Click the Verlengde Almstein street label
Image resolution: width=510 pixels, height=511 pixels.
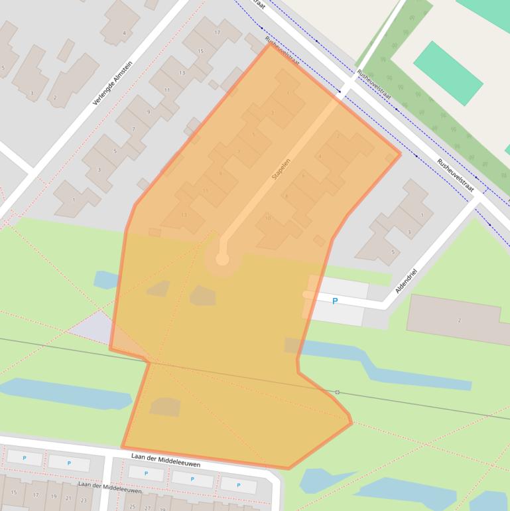tap(113, 84)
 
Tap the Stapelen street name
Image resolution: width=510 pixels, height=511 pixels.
tap(282, 169)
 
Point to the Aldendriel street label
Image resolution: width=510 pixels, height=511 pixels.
tap(406, 281)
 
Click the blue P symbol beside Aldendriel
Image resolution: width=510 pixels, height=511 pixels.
tap(335, 301)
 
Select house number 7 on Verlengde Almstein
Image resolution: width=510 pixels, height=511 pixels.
tap(133, 129)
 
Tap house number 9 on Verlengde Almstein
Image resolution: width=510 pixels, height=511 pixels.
tap(149, 112)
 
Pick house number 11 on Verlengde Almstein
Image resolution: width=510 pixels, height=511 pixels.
tap(166, 90)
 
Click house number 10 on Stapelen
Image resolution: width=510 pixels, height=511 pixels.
tap(268, 218)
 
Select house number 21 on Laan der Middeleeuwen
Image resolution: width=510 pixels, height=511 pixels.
tap(69, 498)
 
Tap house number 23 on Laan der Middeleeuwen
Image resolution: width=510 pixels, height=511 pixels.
tap(84, 500)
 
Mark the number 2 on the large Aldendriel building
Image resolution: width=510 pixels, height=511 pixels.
tap(459, 321)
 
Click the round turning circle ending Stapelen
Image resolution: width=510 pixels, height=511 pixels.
tap(222, 259)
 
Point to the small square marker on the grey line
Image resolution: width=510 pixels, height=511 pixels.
tap(337, 392)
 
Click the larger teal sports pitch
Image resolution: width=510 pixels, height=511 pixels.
tap(448, 73)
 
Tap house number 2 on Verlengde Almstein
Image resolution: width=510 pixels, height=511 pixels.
tap(55, 98)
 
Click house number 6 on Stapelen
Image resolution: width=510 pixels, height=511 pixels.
tap(303, 175)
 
